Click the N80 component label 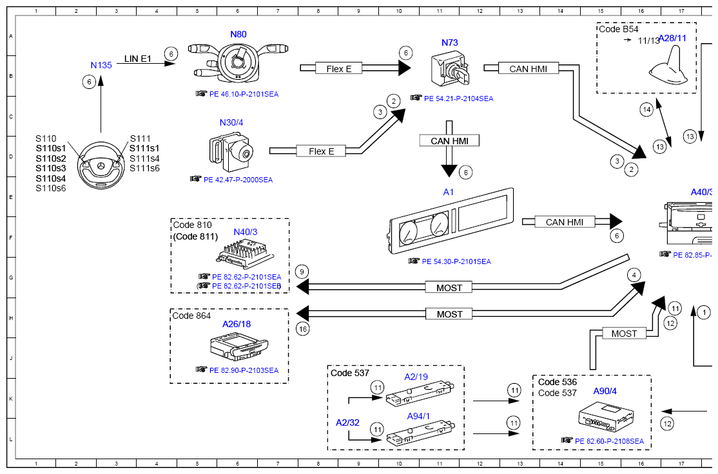click(x=238, y=34)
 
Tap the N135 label click(x=101, y=65)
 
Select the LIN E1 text click(x=137, y=59)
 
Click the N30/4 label click(x=231, y=122)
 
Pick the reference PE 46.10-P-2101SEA click(x=244, y=94)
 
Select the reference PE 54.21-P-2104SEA click(x=458, y=99)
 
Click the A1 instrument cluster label click(x=449, y=192)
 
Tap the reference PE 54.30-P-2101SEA click(x=456, y=261)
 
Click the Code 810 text click(x=192, y=225)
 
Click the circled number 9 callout click(x=302, y=272)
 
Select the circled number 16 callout click(x=302, y=328)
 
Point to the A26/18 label click(x=237, y=324)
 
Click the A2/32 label click(x=347, y=422)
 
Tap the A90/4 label click(x=605, y=391)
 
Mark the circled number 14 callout click(x=646, y=109)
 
